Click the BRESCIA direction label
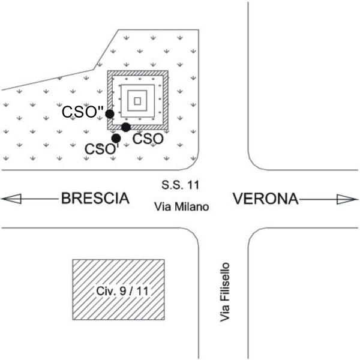point(95,199)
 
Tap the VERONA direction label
point(265,199)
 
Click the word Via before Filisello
point(225,314)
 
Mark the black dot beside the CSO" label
point(110,113)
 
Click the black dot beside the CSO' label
point(116,139)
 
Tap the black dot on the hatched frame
point(125,127)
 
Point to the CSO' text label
point(98,148)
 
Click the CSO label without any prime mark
point(148,139)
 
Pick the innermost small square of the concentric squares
point(137,101)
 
